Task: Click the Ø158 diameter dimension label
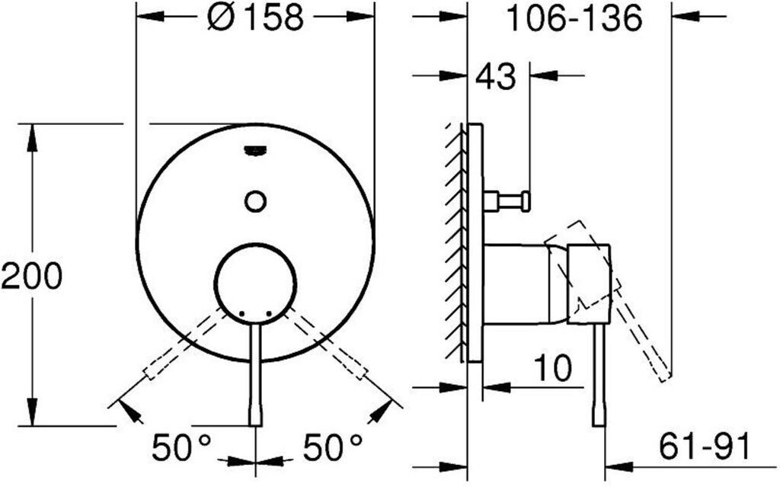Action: pos(254,18)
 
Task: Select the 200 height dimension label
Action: pos(32,276)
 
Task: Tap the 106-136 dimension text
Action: pos(574,18)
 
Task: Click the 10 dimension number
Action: pos(553,368)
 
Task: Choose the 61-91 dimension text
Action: pos(703,446)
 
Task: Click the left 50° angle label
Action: pos(181,447)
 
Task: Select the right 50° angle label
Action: pos(333,447)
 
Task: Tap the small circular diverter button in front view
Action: pos(256,201)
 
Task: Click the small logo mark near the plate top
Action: pos(256,150)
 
